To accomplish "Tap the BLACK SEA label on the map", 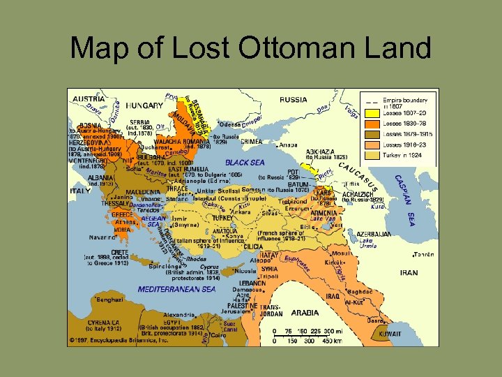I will pyautogui.click(x=246, y=163).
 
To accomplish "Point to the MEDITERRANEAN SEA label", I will pyautogui.click(x=176, y=289).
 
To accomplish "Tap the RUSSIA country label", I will pyautogui.click(x=293, y=100).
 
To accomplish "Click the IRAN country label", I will pyautogui.click(x=409, y=273).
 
